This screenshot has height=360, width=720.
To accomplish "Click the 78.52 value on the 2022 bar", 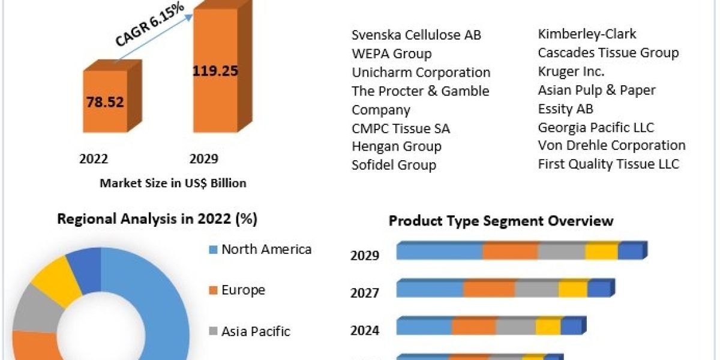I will (104, 102).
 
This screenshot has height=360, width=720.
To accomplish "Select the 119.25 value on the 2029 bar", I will (215, 71).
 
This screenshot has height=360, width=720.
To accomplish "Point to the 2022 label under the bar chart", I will (94, 159).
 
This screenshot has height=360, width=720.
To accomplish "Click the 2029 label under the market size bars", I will (204, 159).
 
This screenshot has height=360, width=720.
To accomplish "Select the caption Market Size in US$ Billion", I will (173, 183).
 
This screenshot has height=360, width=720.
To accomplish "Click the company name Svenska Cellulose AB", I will (416, 35).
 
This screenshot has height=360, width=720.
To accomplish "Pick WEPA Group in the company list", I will (391, 54).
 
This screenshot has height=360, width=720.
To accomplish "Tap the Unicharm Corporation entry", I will (421, 73).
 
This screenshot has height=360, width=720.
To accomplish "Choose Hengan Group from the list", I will (396, 146).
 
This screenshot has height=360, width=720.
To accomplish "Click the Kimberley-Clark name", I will (587, 34).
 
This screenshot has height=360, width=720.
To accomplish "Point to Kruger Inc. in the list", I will (571, 71).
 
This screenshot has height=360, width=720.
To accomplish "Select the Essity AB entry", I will (565, 109).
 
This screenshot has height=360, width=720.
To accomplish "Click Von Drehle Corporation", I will (611, 145).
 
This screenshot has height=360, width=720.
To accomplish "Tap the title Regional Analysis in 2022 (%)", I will (157, 220).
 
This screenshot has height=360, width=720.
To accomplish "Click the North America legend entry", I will (266, 250).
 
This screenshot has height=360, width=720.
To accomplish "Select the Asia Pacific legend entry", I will (256, 331).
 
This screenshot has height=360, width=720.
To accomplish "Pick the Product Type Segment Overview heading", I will (501, 221).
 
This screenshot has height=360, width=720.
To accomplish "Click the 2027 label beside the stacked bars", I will (365, 293).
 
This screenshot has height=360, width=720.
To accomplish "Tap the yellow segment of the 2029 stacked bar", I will (602, 251).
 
